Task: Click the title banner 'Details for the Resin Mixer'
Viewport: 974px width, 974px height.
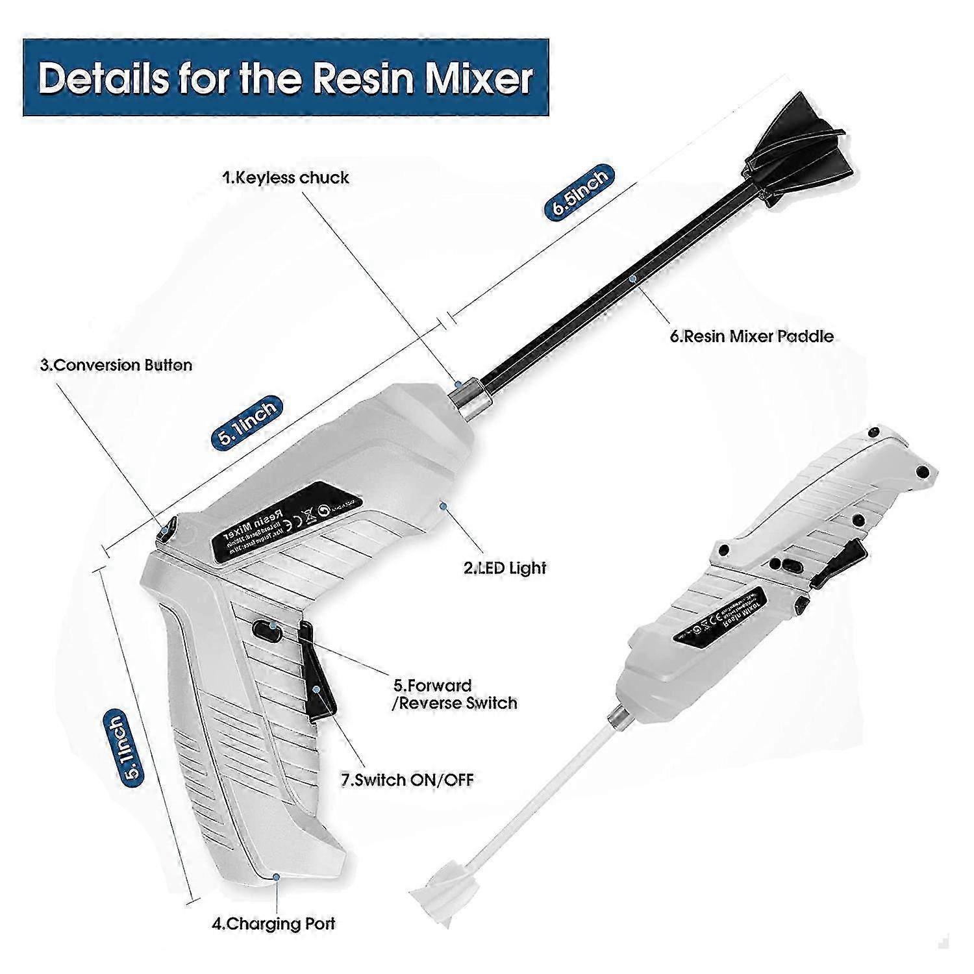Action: click(286, 79)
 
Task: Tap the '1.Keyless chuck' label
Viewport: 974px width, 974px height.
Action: click(286, 177)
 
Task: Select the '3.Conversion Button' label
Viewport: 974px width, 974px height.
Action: click(116, 365)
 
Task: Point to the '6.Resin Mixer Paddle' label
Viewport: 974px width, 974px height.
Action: click(751, 336)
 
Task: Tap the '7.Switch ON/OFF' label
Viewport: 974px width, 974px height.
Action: click(407, 779)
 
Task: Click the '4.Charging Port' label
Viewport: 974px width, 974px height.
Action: click(273, 923)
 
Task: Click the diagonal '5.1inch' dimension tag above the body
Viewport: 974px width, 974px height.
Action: click(246, 421)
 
